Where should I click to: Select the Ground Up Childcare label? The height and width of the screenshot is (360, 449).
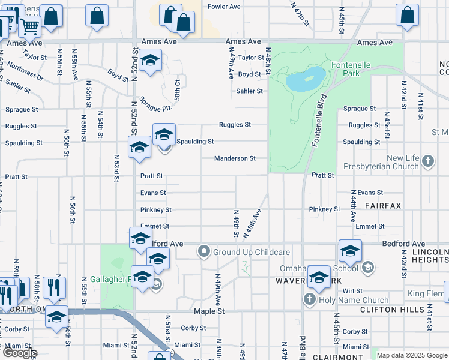pos(252,252)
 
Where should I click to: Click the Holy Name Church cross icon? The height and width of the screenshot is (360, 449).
pos(310,299)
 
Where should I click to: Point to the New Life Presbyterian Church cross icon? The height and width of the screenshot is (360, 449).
pos(427,161)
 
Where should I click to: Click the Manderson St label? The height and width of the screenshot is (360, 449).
pos(235,158)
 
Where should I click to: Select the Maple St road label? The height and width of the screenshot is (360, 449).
pos(209,311)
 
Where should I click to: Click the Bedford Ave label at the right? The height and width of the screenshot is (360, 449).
pos(404,244)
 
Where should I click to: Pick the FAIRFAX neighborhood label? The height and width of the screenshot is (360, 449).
pos(382,205)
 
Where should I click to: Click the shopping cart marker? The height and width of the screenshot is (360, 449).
pos(29,25)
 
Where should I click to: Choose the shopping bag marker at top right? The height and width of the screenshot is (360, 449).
pos(407,16)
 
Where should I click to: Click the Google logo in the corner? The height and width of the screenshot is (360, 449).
pos(20,353)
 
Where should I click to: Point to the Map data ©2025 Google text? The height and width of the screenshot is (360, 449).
pos(412,355)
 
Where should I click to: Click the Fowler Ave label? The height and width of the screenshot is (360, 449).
pos(224,7)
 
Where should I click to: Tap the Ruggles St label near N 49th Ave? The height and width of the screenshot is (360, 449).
pos(235,125)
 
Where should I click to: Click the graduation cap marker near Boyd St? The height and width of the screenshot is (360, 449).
pos(149,61)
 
